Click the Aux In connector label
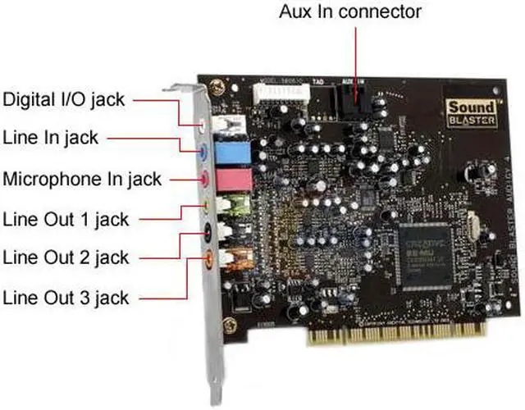[350, 12]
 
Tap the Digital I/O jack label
[64, 100]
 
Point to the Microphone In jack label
[82, 178]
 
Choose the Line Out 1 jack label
[66, 219]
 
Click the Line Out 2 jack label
[66, 257]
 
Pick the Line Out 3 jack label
[66, 296]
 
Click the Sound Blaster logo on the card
[470, 111]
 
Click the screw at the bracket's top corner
[214, 84]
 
